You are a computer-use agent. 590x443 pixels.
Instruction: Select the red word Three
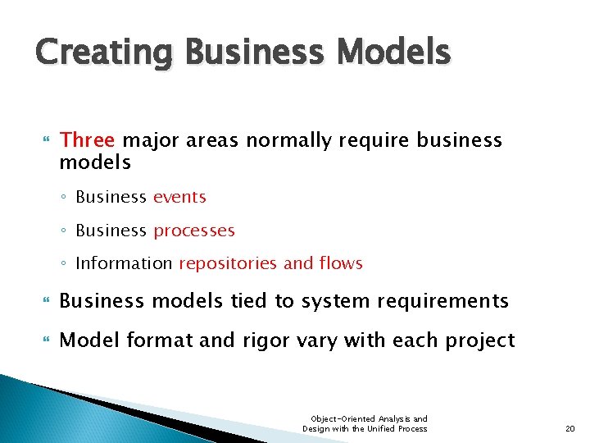coord(86,140)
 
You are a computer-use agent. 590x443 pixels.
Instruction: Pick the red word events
coord(179,197)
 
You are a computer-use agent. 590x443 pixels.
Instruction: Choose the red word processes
coord(194,231)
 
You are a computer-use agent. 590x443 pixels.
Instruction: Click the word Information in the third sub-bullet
coord(124,263)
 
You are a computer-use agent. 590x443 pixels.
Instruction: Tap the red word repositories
coord(228,263)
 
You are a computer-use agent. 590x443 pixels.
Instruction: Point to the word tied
coord(250,302)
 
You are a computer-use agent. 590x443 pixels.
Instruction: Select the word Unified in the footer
coord(380,428)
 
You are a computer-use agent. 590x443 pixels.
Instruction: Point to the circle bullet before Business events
coord(65,198)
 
